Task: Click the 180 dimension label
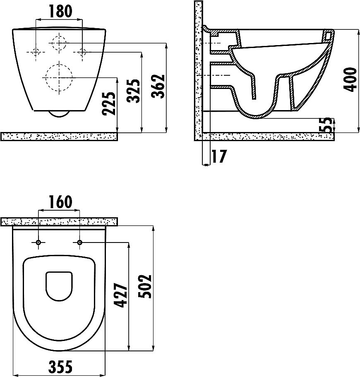[x=60, y=12]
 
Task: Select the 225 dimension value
[x=108, y=103]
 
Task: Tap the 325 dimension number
[x=133, y=91]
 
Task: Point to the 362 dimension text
[x=158, y=86]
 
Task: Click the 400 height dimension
[x=350, y=80]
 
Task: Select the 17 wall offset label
[x=219, y=156]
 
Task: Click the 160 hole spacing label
[x=60, y=202]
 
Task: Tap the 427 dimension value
[x=120, y=295]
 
